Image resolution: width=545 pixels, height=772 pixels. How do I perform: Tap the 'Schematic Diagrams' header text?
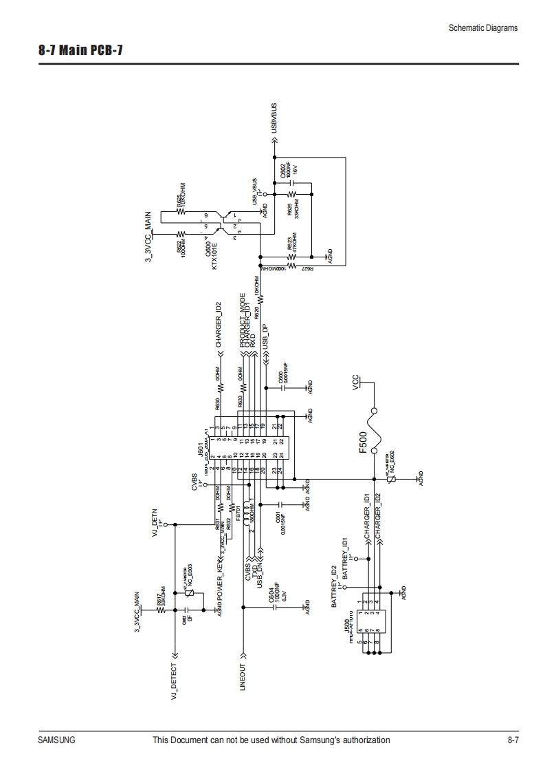[482, 28]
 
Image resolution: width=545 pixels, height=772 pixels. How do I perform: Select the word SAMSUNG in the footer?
[56, 740]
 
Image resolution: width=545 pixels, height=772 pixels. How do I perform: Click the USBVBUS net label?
[274, 118]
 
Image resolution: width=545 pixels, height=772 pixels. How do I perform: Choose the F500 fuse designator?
[363, 443]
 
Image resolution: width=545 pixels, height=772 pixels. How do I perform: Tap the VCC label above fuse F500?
[355, 382]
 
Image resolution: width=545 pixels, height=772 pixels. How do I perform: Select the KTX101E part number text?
[214, 255]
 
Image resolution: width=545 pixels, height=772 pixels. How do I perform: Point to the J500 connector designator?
[346, 628]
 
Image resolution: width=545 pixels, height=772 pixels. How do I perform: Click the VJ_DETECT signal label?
[174, 682]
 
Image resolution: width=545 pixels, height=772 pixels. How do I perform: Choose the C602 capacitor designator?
[283, 171]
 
